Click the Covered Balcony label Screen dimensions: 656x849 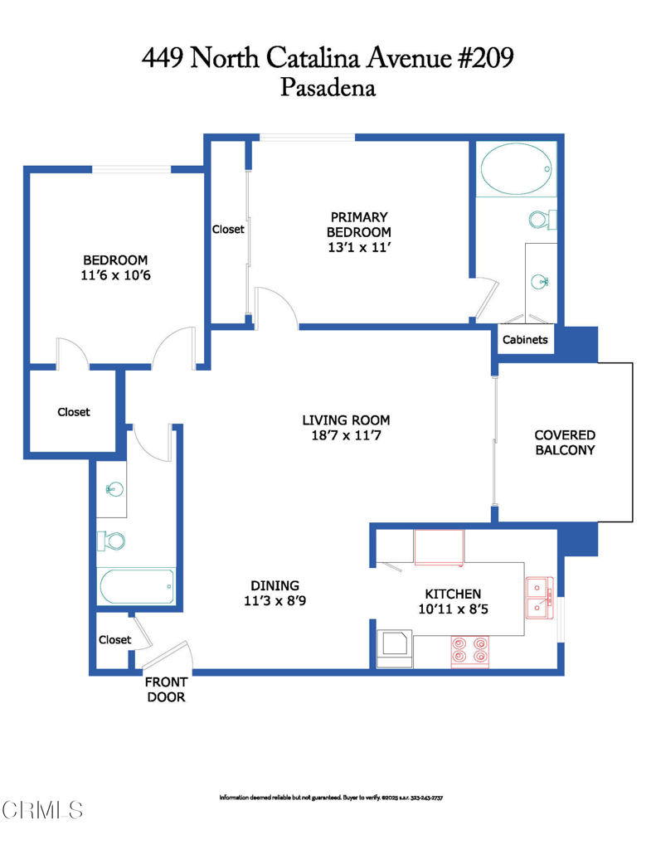[565, 443]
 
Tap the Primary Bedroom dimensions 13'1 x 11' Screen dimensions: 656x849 [358, 247]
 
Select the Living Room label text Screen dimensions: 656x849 [346, 420]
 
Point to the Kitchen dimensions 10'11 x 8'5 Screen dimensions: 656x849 [453, 609]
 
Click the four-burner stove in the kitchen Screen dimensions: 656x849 [469, 651]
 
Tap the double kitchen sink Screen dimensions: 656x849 [540, 598]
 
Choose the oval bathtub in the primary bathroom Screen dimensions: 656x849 [516, 169]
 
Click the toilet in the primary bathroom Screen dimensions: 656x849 [542, 220]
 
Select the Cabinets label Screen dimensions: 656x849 [525, 339]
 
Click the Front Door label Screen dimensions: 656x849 [166, 689]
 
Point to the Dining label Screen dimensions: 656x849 [275, 585]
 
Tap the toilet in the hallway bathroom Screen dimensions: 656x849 [111, 541]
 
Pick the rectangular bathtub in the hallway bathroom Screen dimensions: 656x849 [136, 586]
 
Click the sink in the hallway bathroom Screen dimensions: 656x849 [114, 489]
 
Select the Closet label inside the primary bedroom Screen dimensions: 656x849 [228, 229]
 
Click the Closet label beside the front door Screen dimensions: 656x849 [114, 639]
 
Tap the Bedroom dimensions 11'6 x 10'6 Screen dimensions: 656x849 [115, 275]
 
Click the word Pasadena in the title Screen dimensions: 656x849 [328, 87]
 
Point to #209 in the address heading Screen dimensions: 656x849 [486, 57]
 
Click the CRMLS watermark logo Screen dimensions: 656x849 [42, 810]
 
